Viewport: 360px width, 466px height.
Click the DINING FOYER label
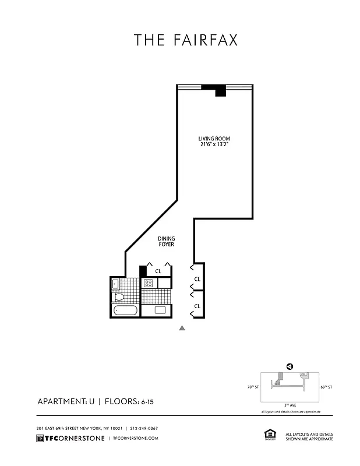point(167,241)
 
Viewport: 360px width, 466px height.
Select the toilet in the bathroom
point(119,297)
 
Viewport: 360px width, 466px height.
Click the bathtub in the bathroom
point(125,310)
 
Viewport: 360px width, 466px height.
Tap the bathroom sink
point(115,284)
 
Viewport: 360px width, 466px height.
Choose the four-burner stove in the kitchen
point(148,283)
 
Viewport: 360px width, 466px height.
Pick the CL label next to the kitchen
point(158,271)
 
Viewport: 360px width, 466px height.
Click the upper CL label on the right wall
point(197,279)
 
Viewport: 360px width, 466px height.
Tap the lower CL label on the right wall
point(197,306)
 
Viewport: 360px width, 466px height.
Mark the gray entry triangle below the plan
point(182,329)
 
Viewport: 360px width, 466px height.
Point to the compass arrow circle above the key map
point(288,366)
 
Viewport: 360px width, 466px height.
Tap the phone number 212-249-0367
point(144,428)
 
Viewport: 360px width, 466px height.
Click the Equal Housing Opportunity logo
point(269,435)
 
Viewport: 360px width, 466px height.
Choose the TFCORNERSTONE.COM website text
point(135,439)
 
